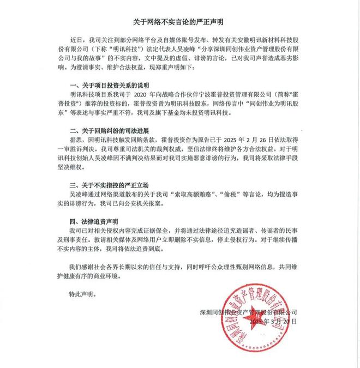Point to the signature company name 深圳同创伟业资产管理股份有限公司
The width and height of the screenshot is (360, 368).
250,312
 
